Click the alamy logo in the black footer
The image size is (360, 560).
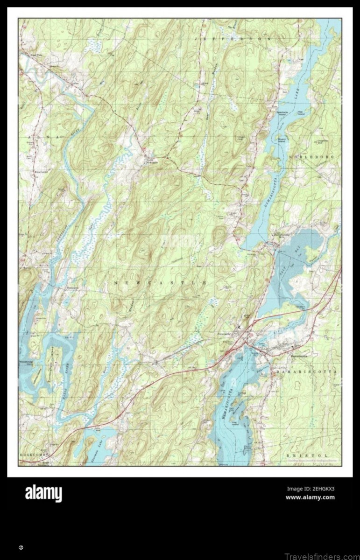[43, 493]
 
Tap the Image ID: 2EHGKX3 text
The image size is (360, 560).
[311, 489]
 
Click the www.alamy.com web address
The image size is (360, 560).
[310, 497]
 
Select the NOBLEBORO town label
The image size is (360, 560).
[312, 157]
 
